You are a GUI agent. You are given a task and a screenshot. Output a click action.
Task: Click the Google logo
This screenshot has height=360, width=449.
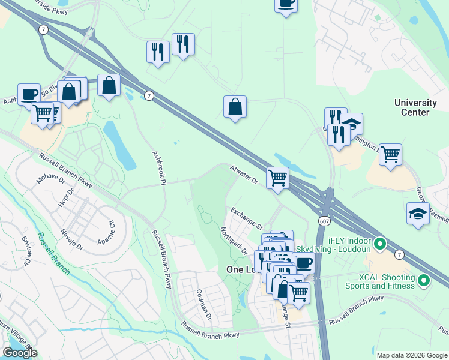tap(20, 353)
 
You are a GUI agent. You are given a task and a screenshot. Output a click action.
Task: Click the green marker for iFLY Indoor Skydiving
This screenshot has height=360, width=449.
tap(379, 244)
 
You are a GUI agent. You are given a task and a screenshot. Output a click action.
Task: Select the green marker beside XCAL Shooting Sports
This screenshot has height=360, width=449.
tap(424, 280)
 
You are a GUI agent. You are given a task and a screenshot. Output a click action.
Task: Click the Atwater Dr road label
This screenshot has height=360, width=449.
tap(244, 176)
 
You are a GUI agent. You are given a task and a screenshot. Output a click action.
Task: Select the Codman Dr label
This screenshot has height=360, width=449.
tap(204, 303)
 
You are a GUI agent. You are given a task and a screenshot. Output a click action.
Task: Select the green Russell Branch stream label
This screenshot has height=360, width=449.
tap(53, 253)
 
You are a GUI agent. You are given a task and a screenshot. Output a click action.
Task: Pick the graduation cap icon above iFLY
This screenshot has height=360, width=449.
tap(417, 214)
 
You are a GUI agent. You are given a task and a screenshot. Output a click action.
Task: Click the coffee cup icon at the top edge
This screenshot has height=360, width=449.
tap(286, 4)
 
